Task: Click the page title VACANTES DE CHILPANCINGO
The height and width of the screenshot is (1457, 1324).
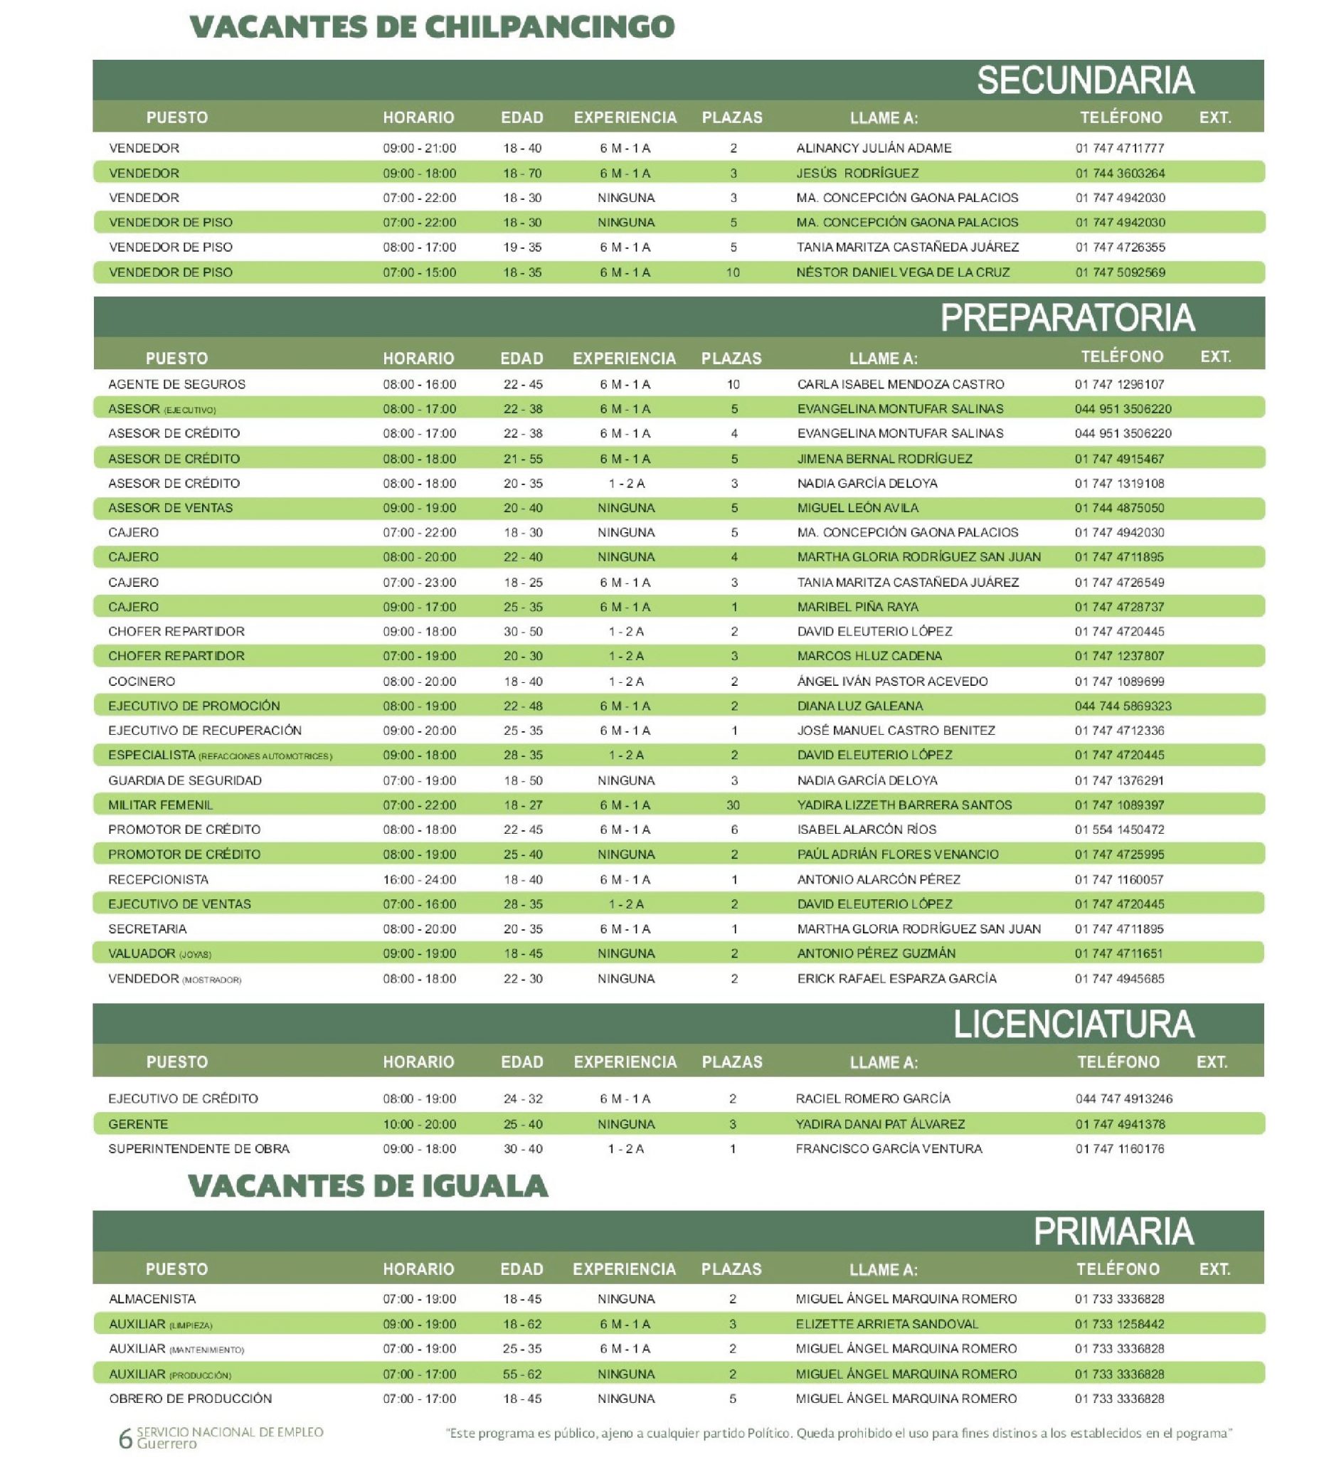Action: (431, 28)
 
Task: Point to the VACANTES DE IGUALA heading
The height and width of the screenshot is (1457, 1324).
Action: (368, 1187)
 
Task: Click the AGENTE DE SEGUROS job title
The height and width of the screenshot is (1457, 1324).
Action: (176, 384)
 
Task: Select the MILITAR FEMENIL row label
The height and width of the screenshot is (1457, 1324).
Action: (161, 805)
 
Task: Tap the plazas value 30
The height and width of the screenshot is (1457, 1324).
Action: (733, 805)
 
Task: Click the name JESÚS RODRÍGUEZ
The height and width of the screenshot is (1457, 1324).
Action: (857, 174)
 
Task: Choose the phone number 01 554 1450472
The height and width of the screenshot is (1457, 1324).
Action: (1119, 830)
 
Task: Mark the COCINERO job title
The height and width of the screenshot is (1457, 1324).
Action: (142, 682)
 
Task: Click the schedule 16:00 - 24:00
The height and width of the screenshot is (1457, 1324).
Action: (419, 879)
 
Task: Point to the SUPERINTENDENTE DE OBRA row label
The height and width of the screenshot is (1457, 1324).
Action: (198, 1149)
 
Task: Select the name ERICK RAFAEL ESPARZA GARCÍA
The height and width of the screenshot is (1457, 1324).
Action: (896, 978)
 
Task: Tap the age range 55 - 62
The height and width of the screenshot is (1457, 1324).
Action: (521, 1374)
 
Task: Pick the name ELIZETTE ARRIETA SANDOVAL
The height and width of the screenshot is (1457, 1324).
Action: (886, 1324)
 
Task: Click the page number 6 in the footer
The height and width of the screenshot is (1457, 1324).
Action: (125, 1439)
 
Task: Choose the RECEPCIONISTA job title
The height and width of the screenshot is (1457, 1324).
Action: (158, 879)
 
